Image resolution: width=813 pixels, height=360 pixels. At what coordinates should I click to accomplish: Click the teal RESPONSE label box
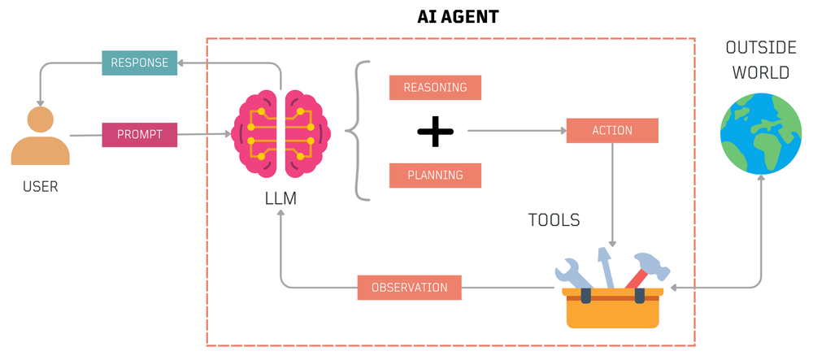pos(140,63)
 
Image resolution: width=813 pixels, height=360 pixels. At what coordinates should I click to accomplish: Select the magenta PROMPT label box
pos(140,134)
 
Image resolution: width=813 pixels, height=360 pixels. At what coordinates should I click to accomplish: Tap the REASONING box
pos(435,88)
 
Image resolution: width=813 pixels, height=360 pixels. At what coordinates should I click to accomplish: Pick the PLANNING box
pos(435,175)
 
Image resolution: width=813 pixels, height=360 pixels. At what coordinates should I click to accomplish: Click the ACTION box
pos(611,131)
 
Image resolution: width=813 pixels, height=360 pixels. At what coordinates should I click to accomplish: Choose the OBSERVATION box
pos(409,288)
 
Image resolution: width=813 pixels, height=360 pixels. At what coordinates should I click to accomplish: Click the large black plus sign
pos(435,132)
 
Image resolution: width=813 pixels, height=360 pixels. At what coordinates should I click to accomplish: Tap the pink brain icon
pos(281,132)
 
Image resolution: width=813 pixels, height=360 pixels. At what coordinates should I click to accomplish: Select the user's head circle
pos(40,120)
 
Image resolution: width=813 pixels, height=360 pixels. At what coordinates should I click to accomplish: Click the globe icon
pos(761,132)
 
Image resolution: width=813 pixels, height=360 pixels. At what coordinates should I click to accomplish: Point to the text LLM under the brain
pos(280,197)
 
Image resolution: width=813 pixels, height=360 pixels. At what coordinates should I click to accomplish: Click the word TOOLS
pos(554,220)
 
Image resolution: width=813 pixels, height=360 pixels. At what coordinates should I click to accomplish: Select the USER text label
pos(40,187)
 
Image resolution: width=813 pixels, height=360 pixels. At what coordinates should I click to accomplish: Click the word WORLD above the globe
pos(760,72)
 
